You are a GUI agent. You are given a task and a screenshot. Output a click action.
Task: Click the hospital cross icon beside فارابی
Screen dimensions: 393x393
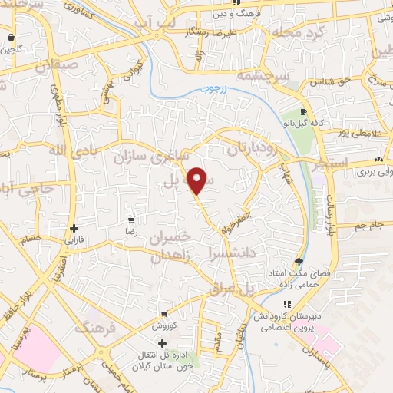coord(73,228)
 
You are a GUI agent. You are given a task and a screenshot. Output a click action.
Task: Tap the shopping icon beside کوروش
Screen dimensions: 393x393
coord(164,314)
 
